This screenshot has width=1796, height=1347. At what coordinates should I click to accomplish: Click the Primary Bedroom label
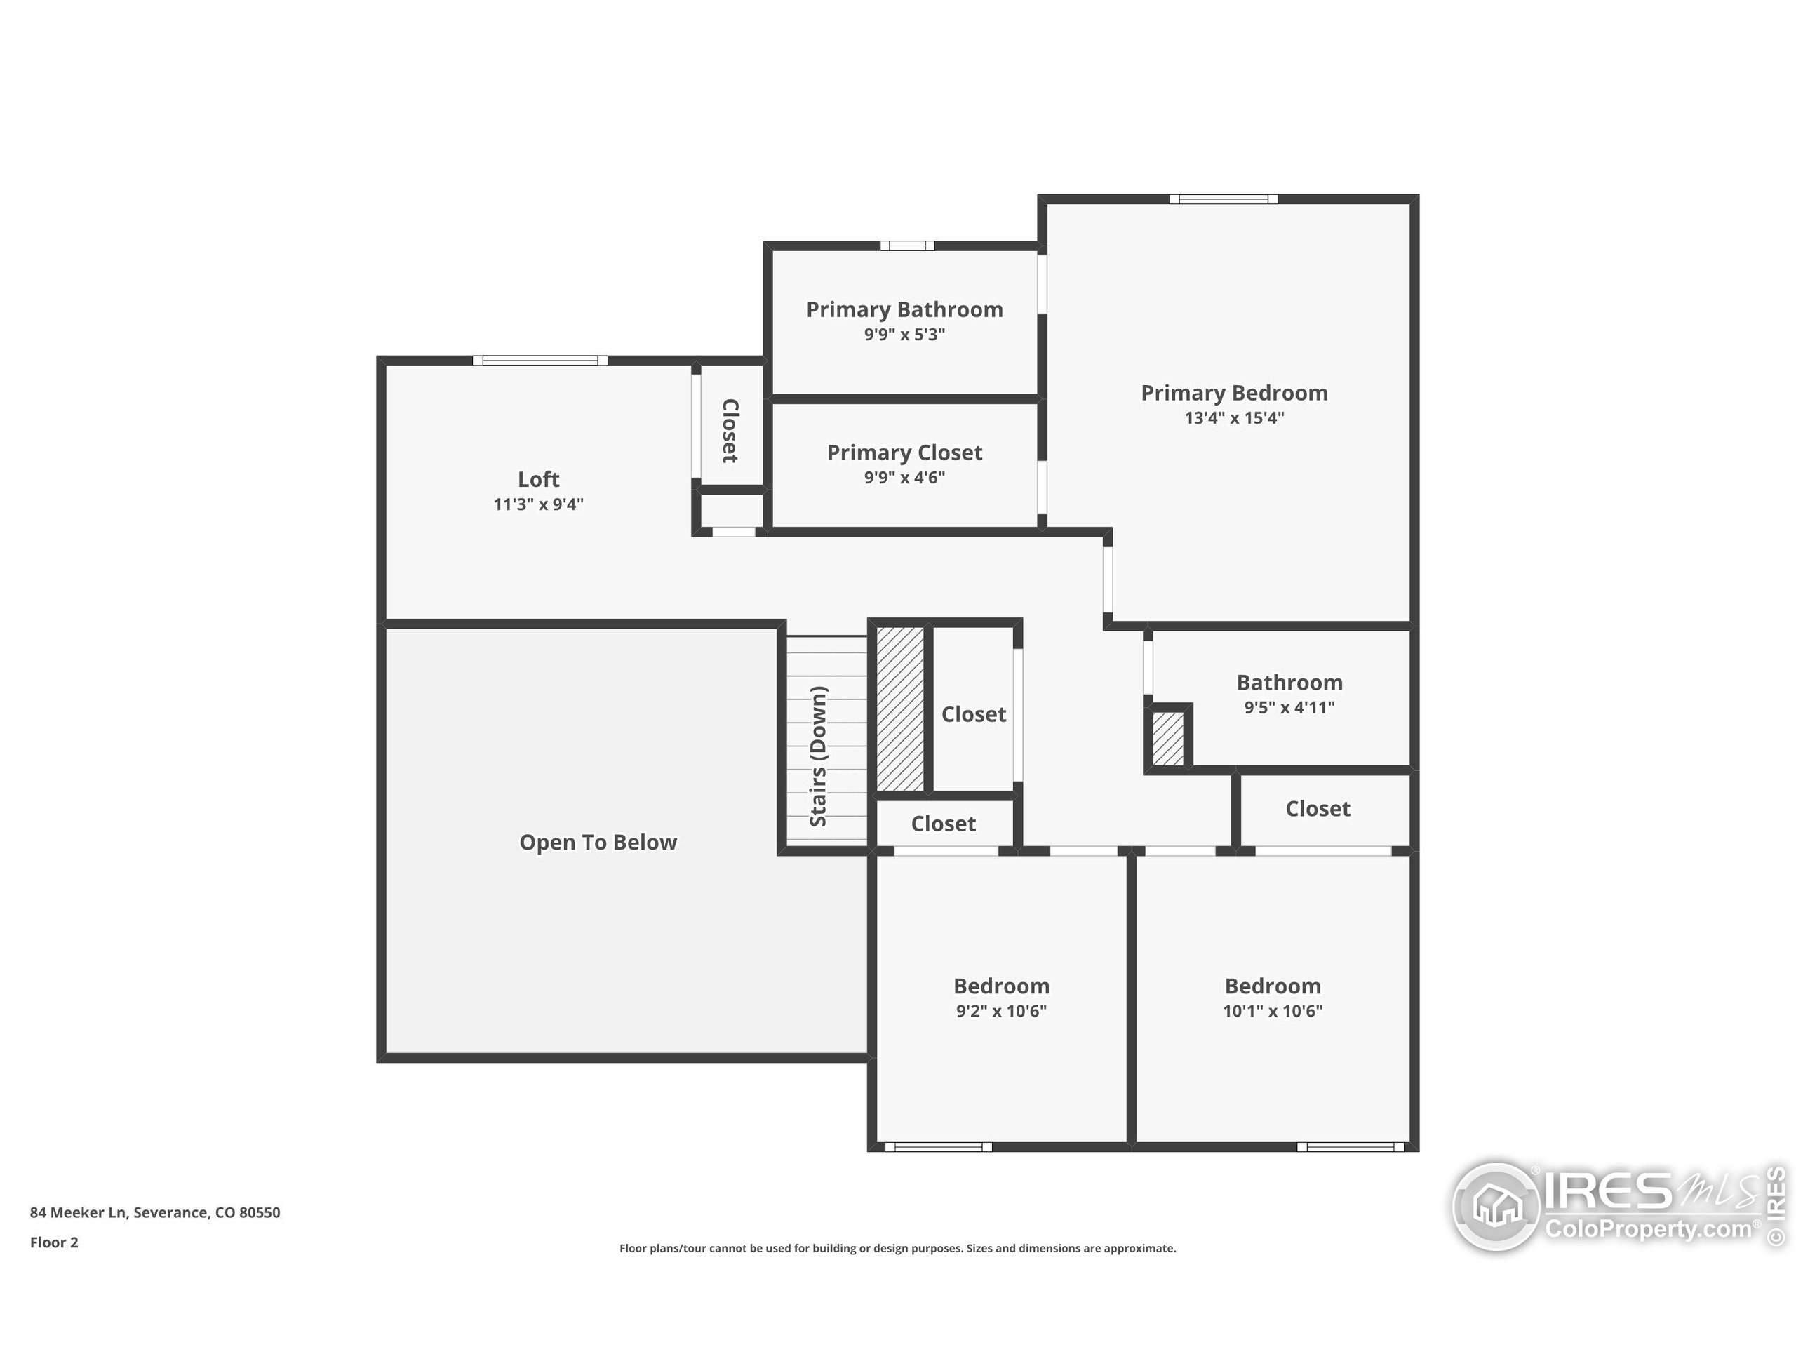click(1233, 393)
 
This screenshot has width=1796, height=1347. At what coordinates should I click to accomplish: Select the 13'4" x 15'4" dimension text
click(1233, 418)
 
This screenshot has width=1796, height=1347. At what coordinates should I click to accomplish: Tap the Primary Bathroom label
click(904, 309)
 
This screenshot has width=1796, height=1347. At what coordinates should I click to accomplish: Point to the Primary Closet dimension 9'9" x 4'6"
click(904, 478)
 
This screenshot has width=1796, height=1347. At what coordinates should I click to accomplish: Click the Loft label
click(538, 479)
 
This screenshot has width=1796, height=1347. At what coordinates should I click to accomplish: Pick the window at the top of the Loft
click(540, 361)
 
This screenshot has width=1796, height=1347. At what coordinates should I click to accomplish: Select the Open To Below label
click(598, 842)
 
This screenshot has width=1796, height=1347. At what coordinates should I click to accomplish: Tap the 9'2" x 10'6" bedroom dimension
click(1000, 1011)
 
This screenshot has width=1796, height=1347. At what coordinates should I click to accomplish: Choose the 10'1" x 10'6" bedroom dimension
click(1273, 1011)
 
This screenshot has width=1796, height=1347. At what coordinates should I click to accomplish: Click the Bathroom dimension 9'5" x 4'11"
click(1289, 707)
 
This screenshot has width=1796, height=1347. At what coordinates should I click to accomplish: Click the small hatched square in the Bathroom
click(1167, 738)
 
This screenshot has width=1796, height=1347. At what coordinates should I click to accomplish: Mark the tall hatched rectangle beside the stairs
click(899, 708)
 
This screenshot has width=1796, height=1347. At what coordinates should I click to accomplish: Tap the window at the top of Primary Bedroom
click(1223, 199)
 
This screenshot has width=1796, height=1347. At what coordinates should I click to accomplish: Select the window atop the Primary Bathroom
click(907, 246)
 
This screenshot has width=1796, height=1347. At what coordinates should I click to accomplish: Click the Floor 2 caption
click(53, 1242)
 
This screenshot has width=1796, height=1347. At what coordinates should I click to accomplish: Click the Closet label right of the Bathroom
click(1317, 809)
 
